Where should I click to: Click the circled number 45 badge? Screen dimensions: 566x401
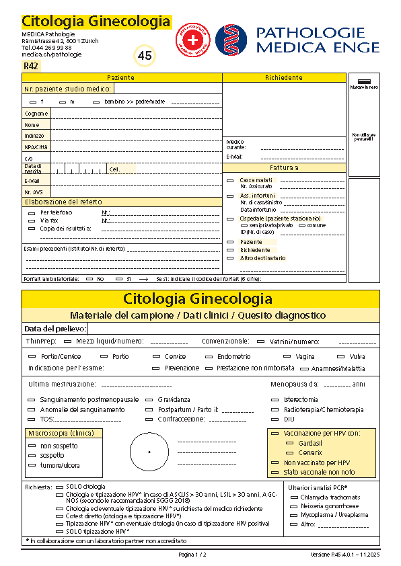145,56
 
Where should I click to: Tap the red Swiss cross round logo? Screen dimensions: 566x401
193,40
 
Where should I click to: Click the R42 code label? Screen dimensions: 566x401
31,66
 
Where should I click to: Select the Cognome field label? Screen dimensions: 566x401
32,114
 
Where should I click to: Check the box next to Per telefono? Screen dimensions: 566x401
32,212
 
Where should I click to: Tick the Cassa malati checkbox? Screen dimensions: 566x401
231,180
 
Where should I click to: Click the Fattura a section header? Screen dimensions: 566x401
284,167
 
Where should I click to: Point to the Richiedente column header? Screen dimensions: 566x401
284,78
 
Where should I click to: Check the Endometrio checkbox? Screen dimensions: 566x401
209,356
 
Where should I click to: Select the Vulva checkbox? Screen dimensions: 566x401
341,356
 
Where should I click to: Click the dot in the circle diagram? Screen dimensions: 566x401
149,452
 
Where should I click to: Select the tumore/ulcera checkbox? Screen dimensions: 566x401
32,465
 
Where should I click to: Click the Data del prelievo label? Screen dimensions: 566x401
55,329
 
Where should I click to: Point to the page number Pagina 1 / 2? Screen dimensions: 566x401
192,555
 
